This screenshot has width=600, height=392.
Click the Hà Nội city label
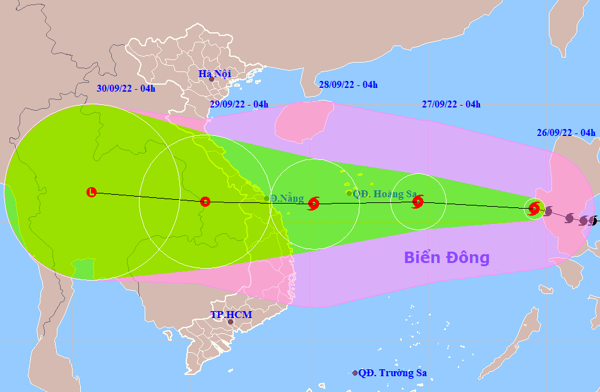(x=214, y=74)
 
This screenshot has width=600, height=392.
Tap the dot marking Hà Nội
(x=212, y=79)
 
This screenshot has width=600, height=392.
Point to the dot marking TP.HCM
(x=231, y=322)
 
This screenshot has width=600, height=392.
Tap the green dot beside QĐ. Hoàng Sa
(x=349, y=193)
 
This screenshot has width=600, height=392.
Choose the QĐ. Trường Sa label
(x=392, y=373)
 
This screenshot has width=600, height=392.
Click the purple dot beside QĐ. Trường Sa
(x=355, y=373)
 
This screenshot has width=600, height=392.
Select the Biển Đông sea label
(x=447, y=257)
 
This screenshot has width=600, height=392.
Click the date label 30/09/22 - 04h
(x=126, y=89)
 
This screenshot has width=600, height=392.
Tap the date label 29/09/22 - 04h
(x=239, y=104)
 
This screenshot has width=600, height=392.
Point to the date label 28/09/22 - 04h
(x=348, y=85)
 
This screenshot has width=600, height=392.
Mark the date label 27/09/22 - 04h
(x=451, y=104)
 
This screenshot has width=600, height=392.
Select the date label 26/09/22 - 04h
(x=567, y=133)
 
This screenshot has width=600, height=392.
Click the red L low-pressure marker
(x=92, y=192)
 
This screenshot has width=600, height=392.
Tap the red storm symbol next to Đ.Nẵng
(x=314, y=203)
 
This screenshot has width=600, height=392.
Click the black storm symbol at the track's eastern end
(x=594, y=221)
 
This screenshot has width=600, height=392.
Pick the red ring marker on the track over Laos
(x=205, y=202)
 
